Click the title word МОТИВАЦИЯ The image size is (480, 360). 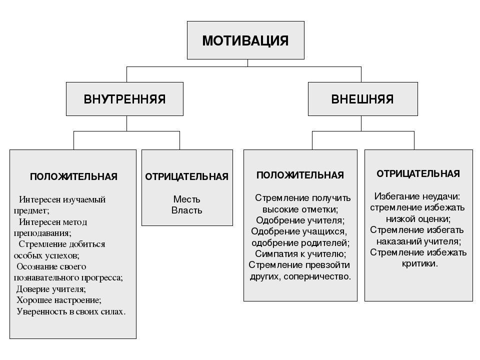[x=245, y=40]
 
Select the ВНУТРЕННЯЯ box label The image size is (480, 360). [x=124, y=99]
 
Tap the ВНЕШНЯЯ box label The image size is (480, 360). [x=362, y=99]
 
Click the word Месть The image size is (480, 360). [x=186, y=199]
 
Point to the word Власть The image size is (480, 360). [x=186, y=210]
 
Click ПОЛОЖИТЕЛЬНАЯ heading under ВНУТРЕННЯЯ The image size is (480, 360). [x=74, y=176]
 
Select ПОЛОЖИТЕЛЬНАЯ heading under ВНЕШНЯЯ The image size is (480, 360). [x=300, y=175]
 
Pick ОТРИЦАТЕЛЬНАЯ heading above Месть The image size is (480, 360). [x=186, y=176]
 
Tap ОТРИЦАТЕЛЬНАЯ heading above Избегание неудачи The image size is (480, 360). [x=418, y=173]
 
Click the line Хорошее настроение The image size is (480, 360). [x=59, y=300]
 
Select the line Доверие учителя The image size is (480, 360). [x=51, y=289]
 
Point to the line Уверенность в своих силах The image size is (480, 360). [x=71, y=311]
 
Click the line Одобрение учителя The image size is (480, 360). [x=300, y=220]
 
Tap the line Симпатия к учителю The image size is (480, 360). [x=300, y=254]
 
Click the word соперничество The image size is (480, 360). [x=317, y=276]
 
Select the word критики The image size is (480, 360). [x=419, y=263]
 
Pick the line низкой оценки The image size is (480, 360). [x=418, y=219]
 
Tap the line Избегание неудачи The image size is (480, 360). [x=417, y=196]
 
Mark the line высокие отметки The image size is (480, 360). [x=300, y=209]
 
